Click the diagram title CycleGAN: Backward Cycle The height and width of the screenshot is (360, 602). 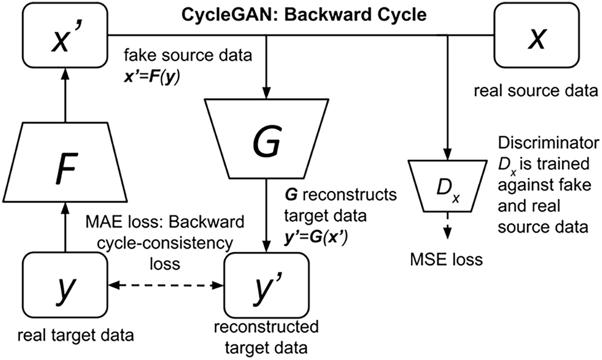point(304,15)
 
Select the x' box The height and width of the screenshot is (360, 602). point(65,35)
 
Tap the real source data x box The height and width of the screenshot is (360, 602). point(536,35)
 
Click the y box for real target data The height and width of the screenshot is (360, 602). point(65,285)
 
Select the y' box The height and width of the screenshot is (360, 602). point(267,285)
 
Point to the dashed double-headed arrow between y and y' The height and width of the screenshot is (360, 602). point(166,285)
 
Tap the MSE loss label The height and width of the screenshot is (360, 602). point(446,259)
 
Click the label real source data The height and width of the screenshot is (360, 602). point(536,91)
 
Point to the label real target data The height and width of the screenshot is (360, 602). point(75,335)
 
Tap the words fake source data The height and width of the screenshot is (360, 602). point(187,55)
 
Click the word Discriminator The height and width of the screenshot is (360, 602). point(548,143)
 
